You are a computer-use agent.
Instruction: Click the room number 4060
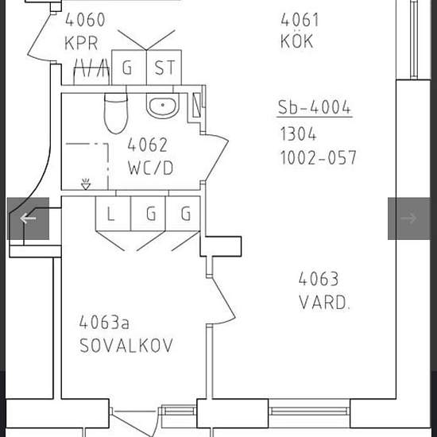(84, 20)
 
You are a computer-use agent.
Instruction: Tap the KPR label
(81, 42)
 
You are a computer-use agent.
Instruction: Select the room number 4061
(300, 20)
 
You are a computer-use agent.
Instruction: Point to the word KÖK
(297, 41)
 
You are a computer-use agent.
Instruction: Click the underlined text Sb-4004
(314, 107)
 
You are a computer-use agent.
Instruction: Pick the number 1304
(298, 133)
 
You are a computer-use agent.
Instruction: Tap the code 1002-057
(318, 157)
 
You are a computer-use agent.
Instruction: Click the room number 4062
(148, 145)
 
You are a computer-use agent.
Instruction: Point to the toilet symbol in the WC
(116, 113)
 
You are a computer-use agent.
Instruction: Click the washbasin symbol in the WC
(162, 106)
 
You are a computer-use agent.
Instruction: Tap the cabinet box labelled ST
(164, 68)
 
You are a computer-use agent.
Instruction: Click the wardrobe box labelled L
(112, 214)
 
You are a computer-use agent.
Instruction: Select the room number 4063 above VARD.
(318, 279)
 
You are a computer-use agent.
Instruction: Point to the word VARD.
(324, 303)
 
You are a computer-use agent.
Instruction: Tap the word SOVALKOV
(126, 346)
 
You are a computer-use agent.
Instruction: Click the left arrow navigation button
(29, 218)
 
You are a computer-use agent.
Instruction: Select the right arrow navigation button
(408, 218)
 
